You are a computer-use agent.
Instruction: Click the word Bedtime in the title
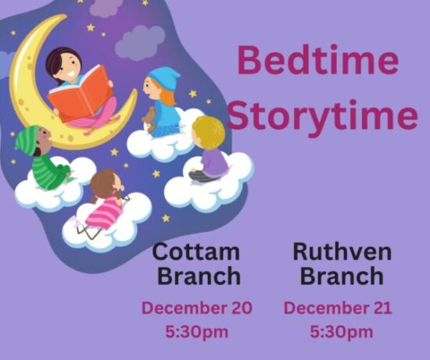(318, 59)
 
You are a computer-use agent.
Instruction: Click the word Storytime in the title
(323, 117)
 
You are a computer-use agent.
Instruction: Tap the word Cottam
(196, 251)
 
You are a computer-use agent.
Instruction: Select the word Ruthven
(342, 251)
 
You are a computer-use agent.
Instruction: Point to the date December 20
(197, 308)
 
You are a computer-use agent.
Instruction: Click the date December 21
(338, 308)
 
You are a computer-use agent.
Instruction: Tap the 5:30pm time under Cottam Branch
(197, 333)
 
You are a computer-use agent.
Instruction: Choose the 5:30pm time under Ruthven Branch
(342, 333)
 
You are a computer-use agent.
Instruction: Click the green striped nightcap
(27, 140)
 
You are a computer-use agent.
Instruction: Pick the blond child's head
(209, 132)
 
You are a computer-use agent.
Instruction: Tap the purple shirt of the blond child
(215, 162)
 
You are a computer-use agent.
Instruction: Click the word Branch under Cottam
(199, 276)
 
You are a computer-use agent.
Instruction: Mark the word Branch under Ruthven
(342, 276)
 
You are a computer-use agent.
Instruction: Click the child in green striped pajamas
(44, 159)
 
